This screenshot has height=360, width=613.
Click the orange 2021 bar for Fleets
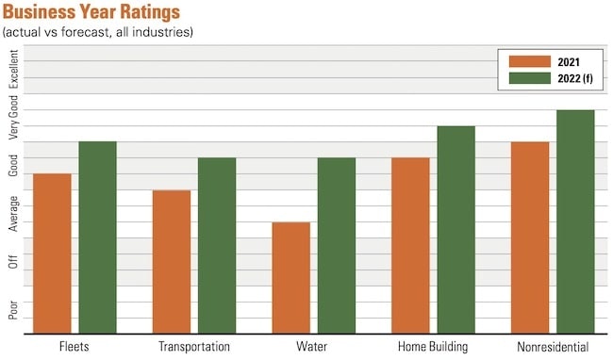pyautogui.click(x=52, y=253)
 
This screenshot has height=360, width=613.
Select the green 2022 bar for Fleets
pyautogui.click(x=97, y=237)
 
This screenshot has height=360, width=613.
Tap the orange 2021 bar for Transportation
pyautogui.click(x=171, y=261)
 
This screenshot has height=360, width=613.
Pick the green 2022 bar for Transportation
pyautogui.click(x=217, y=245)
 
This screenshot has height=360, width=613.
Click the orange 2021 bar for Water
pyautogui.click(x=290, y=277)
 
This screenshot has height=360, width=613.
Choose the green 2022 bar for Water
pyautogui.click(x=337, y=245)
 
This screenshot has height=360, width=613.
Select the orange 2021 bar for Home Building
pyautogui.click(x=410, y=245)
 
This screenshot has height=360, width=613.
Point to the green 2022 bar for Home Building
pyautogui.click(x=456, y=229)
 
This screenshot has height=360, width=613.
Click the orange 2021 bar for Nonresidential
pyautogui.click(x=530, y=237)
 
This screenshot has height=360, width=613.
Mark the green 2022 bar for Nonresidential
pyautogui.click(x=575, y=221)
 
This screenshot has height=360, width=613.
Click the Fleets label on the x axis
pyautogui.click(x=75, y=347)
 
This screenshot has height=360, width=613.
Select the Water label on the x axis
pyautogui.click(x=313, y=347)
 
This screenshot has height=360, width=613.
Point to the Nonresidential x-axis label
pyautogui.click(x=553, y=347)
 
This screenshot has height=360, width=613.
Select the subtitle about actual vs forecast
pyautogui.click(x=98, y=32)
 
